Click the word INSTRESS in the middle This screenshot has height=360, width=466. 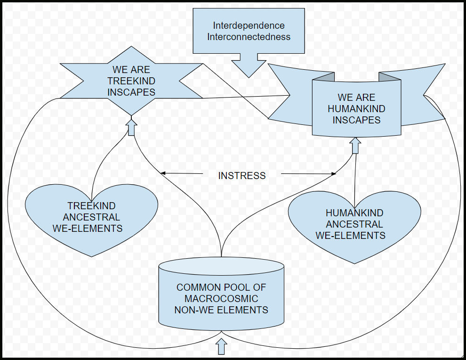coord(241,176)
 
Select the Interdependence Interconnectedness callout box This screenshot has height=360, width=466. coord(249,31)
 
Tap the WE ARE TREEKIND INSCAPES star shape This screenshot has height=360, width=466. coord(131,81)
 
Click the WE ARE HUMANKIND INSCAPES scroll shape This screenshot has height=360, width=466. coord(356,109)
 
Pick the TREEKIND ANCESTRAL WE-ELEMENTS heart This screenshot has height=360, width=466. coord(91,218)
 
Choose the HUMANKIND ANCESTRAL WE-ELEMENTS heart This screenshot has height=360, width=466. coord(354,225)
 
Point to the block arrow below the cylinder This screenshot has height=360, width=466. coord(221,347)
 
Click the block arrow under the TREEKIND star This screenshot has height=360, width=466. coord(131,126)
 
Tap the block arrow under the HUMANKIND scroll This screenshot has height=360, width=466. coord(355,145)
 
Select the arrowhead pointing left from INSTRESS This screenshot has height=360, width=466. coord(163,173)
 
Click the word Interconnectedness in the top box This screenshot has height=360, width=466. coord(249,37)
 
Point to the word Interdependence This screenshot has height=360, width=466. coord(249,25)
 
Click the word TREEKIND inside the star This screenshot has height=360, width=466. coord(131,81)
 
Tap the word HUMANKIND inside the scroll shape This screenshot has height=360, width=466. coord(356,109)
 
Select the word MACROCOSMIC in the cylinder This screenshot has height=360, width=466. coord(221,299)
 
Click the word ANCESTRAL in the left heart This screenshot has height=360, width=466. coord(91,217)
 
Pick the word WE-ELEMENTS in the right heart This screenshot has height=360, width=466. coord(351,236)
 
